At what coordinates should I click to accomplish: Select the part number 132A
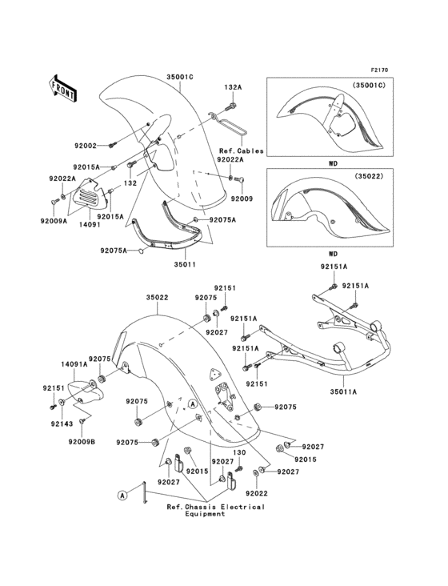tap(233, 86)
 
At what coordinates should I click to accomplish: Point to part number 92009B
tap(82, 441)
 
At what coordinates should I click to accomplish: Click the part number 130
tap(217, 452)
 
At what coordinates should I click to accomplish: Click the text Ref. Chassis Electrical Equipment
tap(215, 511)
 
